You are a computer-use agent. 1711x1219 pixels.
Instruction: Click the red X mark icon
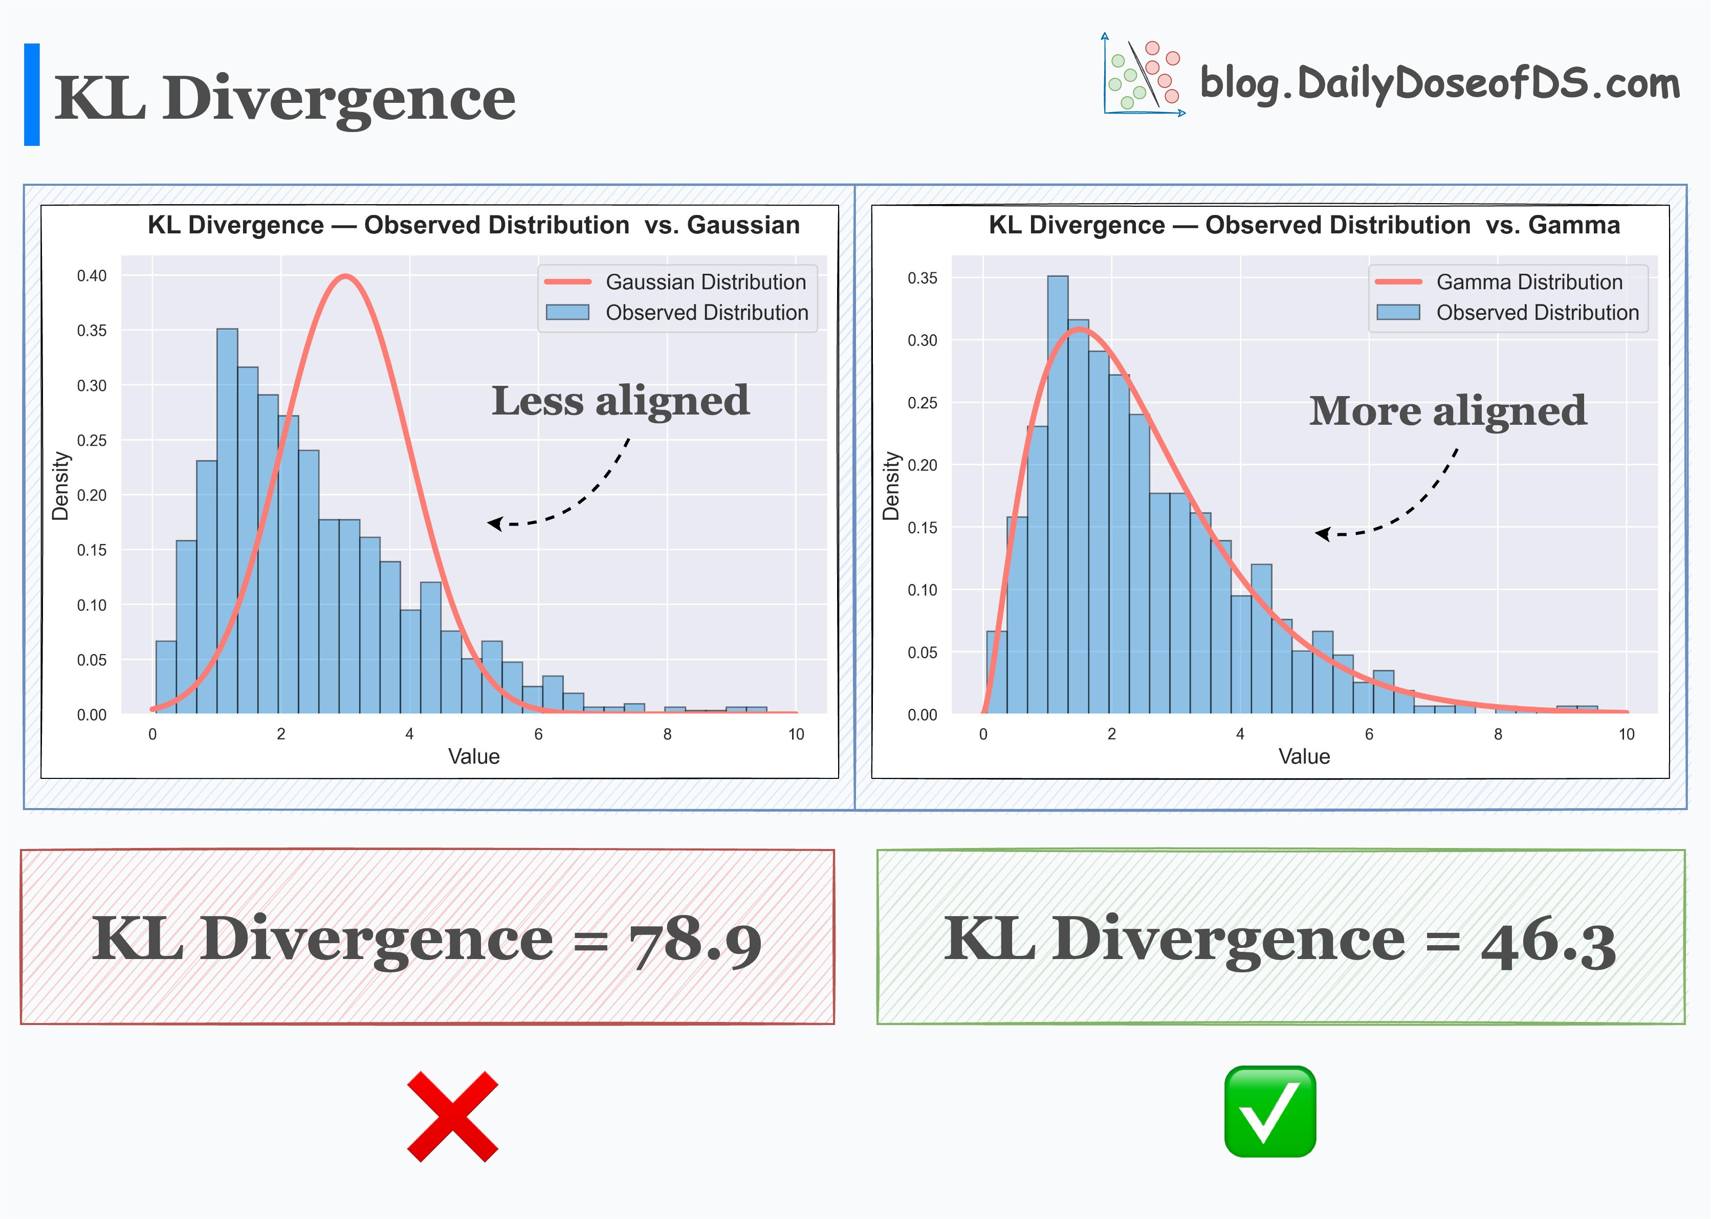[x=452, y=1116]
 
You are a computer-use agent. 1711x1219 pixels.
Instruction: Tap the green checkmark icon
[x=1270, y=1111]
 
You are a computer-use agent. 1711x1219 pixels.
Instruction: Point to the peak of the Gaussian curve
[x=344, y=276]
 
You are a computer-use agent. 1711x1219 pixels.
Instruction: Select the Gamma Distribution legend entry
[x=1529, y=282]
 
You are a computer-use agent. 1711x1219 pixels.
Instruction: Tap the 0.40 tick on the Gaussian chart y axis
[x=92, y=275]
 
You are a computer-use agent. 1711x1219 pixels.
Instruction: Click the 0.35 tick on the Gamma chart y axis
[x=923, y=278]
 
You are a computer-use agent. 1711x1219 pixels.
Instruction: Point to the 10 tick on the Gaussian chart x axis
[x=796, y=734]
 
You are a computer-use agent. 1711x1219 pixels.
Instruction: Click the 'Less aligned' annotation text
[x=620, y=400]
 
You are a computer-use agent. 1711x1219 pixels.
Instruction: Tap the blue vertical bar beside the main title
[x=32, y=95]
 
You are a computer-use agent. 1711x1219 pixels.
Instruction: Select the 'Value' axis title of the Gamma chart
[x=1304, y=756]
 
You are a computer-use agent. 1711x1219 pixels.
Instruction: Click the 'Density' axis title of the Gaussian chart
[x=60, y=486]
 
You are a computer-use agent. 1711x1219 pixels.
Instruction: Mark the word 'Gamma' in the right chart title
[x=1574, y=225]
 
